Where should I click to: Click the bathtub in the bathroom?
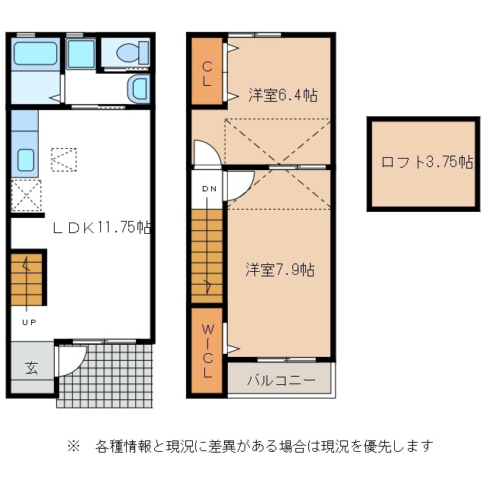pos(36,54)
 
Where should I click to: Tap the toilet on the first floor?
pos(130,53)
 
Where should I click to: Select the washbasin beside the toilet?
pos(138,89)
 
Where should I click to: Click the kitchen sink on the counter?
pos(25,160)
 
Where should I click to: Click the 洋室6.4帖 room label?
pos(282,96)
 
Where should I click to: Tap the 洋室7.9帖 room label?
pos(279,270)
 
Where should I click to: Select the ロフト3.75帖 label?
pos(428,162)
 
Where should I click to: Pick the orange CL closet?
pos(206,71)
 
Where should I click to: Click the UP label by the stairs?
pos(27,322)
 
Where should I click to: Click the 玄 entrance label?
pos(31,368)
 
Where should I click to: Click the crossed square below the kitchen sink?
pos(26,195)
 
